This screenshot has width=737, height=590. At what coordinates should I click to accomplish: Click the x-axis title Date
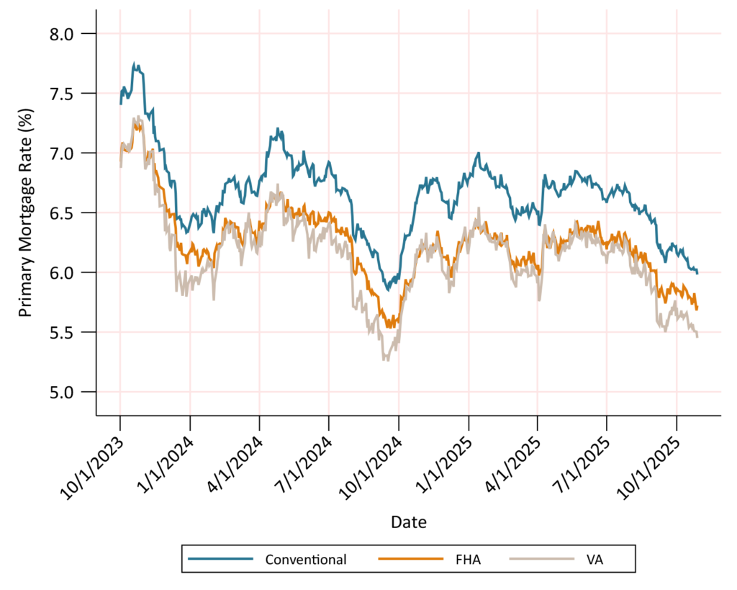tap(408, 522)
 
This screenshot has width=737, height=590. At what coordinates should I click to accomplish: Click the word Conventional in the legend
tap(306, 559)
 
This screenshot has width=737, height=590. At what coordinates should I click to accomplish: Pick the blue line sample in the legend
tap(220, 559)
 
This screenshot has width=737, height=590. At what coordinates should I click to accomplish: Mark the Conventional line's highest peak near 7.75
tap(135, 64)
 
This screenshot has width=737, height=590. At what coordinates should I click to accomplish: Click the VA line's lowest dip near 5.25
tap(386, 359)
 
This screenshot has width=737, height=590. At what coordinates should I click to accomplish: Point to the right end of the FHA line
tap(697, 308)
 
